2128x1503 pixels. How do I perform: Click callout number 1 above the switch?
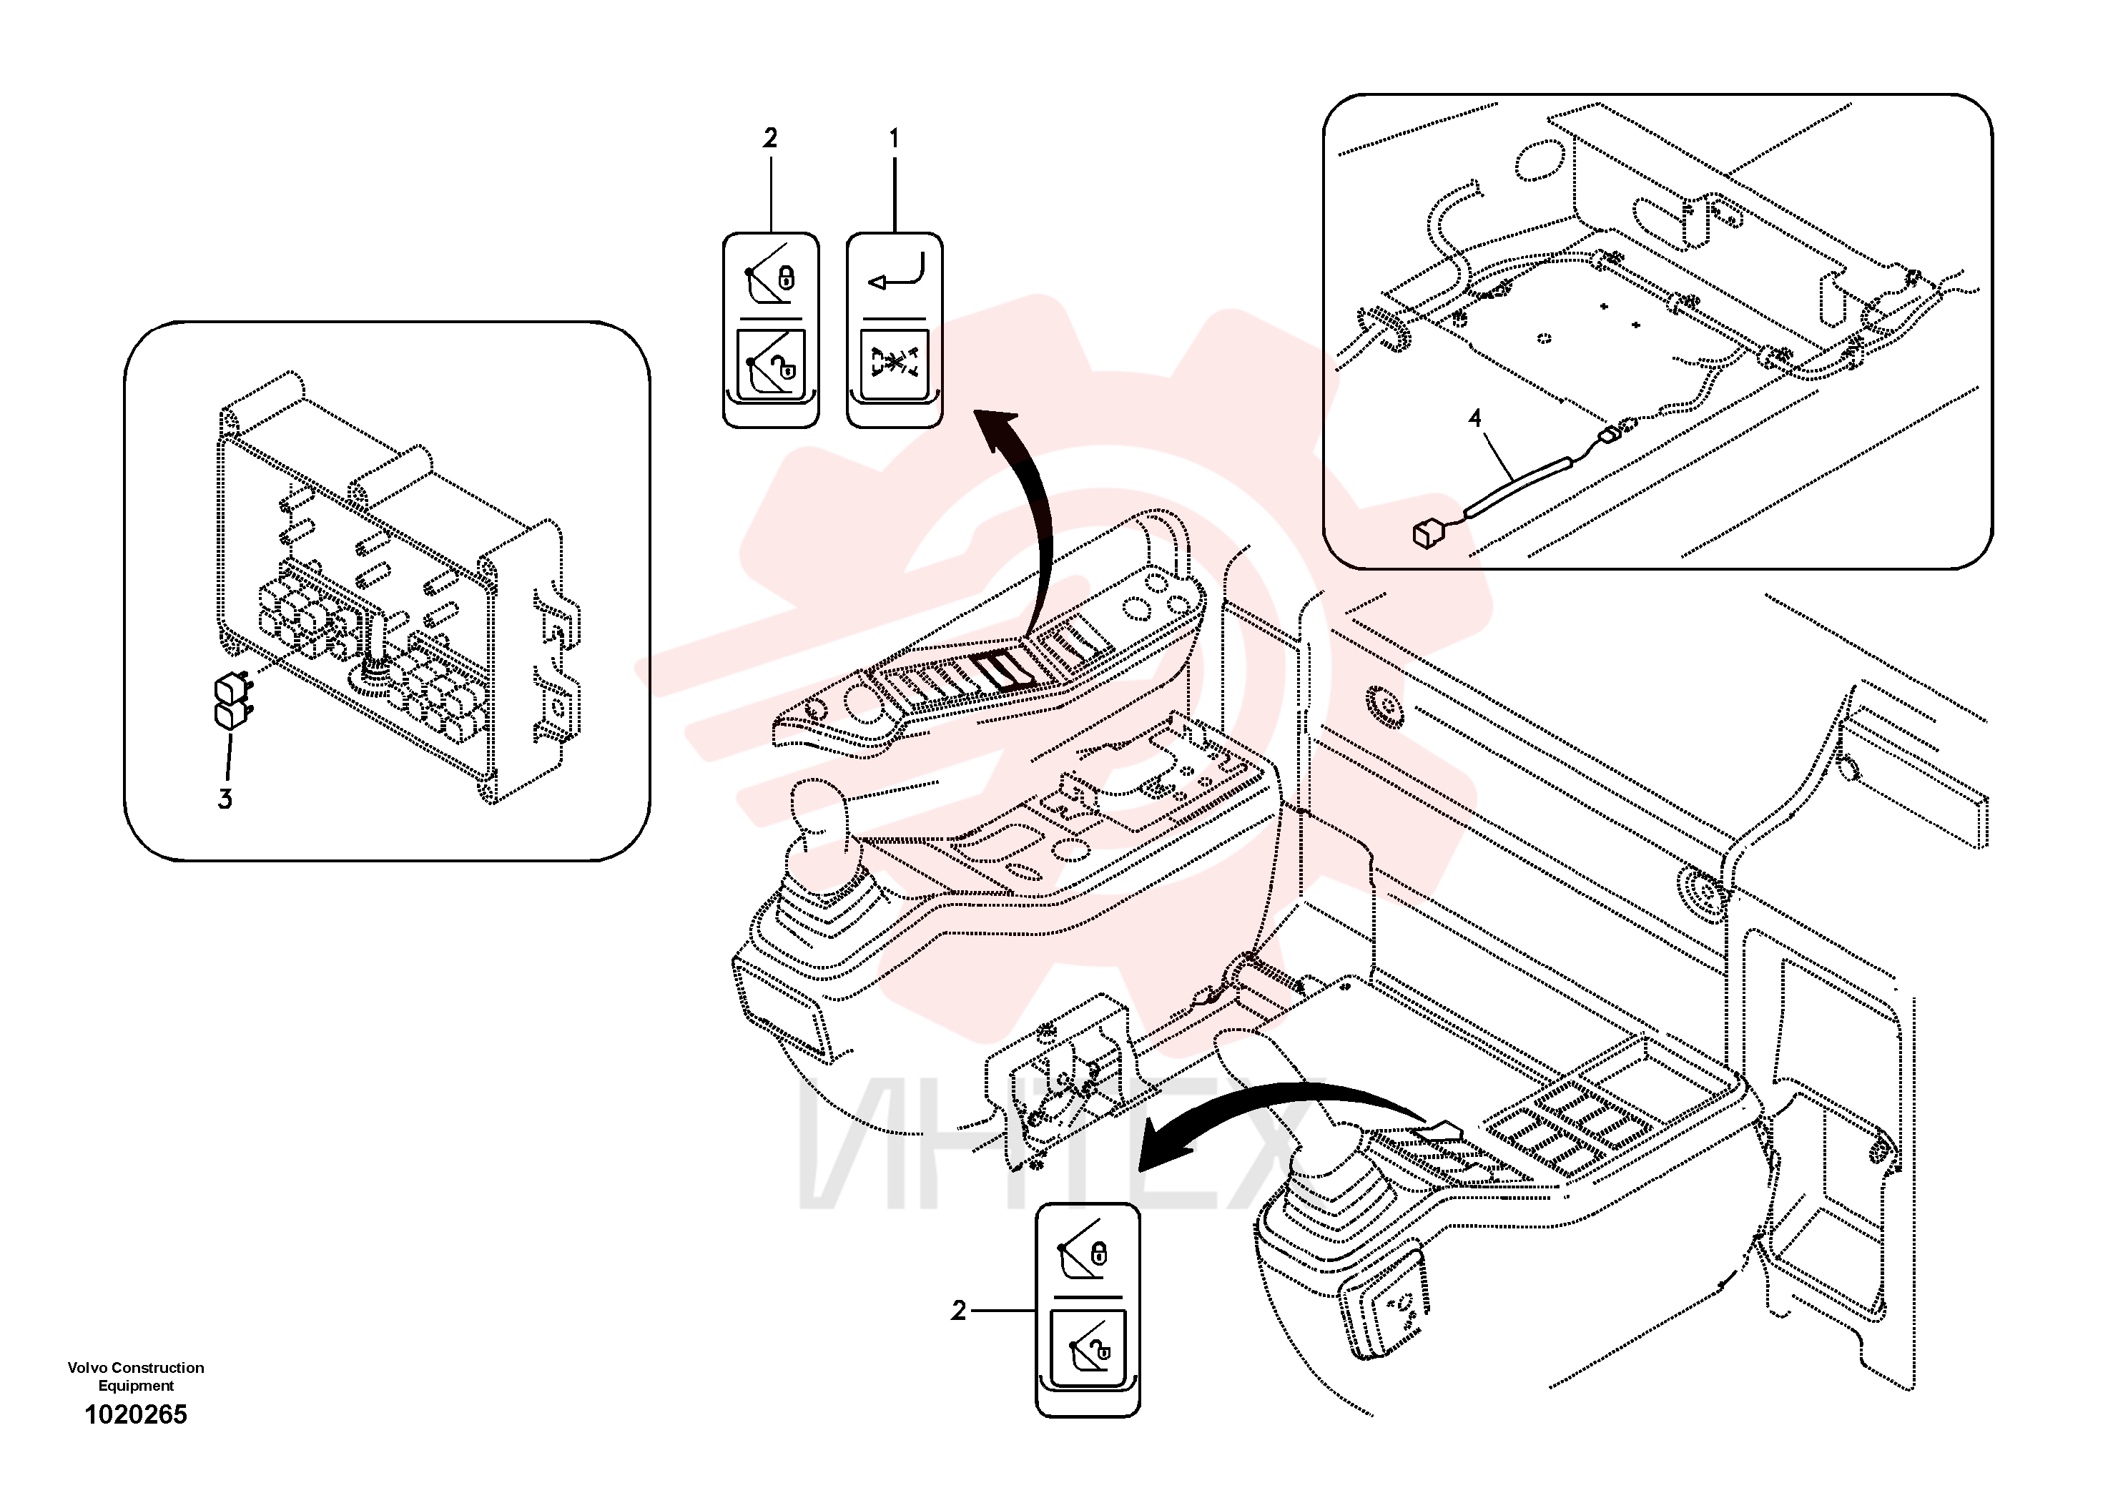point(894,139)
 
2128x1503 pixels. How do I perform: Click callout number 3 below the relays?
point(225,799)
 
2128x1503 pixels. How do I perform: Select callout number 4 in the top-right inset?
point(1474,418)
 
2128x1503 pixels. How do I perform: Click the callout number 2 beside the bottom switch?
point(958,1310)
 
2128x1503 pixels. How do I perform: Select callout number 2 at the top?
point(769,139)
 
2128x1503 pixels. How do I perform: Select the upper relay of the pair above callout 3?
point(229,689)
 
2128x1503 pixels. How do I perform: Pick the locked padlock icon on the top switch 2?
point(786,276)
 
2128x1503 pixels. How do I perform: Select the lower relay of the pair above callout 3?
point(228,715)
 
